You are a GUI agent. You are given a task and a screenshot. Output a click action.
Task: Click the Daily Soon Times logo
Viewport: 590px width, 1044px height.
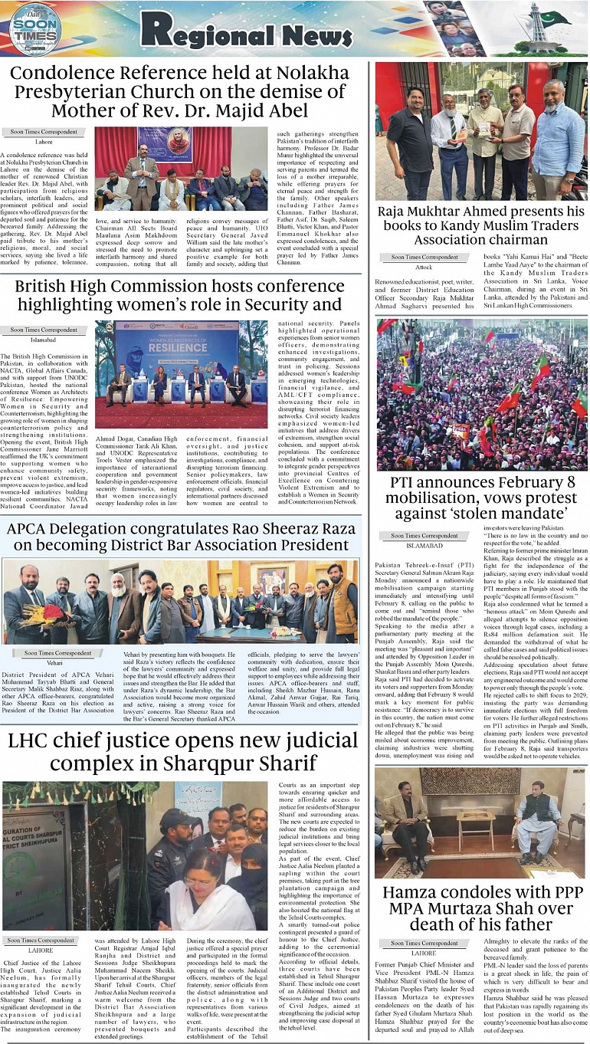[x=35, y=28]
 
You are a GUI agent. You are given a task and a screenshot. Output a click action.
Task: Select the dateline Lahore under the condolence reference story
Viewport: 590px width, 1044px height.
[x=44, y=142]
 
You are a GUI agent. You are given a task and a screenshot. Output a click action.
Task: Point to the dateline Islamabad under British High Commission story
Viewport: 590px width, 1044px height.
[x=44, y=340]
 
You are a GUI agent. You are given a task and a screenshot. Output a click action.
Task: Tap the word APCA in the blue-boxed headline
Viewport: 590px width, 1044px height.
[x=33, y=529]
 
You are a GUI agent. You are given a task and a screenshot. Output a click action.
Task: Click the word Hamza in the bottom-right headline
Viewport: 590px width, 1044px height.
[x=415, y=893]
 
